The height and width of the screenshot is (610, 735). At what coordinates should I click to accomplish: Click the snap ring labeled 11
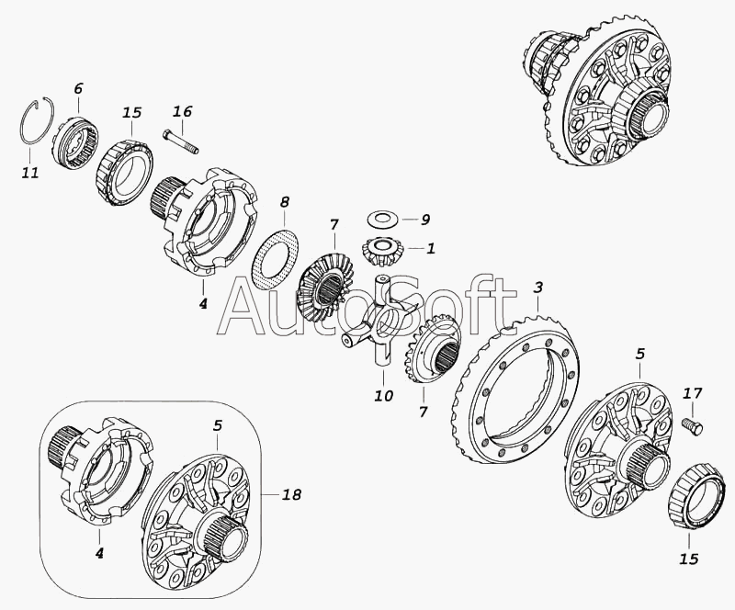[22, 123]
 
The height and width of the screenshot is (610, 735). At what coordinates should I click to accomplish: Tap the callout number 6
[78, 88]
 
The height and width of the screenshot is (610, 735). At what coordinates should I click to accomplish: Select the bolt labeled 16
[181, 141]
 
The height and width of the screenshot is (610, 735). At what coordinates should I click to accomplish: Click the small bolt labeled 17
[695, 425]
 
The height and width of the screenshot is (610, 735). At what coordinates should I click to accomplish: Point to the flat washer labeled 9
[383, 218]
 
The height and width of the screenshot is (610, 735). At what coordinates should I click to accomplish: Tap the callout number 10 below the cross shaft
[383, 395]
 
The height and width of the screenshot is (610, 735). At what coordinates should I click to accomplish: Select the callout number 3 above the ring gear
[537, 287]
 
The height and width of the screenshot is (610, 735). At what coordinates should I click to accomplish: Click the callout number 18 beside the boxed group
[291, 494]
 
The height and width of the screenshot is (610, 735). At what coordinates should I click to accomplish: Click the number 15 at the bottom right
[688, 559]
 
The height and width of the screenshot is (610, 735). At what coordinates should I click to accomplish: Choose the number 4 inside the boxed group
[99, 553]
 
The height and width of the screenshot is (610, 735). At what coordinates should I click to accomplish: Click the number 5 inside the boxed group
[218, 425]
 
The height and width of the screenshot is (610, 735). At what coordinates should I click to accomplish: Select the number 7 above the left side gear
[334, 224]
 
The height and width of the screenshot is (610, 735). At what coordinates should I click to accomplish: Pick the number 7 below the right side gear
[423, 412]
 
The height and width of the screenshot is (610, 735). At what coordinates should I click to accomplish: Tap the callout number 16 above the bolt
[182, 111]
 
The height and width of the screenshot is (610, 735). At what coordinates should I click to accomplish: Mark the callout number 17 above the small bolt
[693, 393]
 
